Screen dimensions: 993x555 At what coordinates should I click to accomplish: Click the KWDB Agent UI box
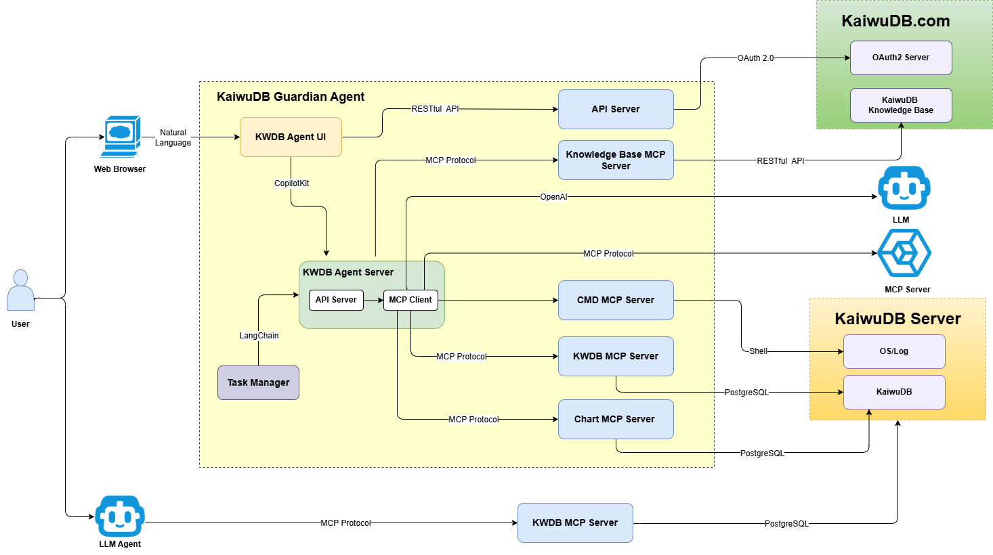tap(291, 137)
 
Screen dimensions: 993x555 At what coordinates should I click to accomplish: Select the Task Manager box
tap(259, 382)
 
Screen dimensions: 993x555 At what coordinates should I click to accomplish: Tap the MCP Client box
tap(410, 300)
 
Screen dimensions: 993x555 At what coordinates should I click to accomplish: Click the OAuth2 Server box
tap(901, 58)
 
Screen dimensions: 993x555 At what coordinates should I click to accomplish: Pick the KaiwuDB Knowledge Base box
tap(901, 105)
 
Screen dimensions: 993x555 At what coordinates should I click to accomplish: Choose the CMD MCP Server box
tap(616, 300)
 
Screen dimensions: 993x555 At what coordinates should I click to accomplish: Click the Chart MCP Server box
tap(616, 419)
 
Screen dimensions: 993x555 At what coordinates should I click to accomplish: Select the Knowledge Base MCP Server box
tap(616, 160)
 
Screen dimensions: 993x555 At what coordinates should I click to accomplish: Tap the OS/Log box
tap(894, 351)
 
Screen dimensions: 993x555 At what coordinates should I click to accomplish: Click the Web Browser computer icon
tap(120, 137)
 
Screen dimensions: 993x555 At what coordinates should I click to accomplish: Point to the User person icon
tap(20, 290)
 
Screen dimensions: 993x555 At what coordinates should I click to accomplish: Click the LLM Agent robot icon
tap(120, 516)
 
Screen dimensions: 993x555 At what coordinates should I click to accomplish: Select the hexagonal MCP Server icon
tap(904, 253)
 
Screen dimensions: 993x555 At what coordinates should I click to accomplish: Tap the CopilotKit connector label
tap(291, 183)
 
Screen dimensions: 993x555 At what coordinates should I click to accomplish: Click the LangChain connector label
tap(259, 335)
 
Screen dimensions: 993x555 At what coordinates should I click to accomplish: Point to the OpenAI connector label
tap(553, 197)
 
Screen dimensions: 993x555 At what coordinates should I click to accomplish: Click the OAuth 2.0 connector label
tap(755, 58)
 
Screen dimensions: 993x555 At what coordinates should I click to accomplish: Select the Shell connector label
tap(758, 351)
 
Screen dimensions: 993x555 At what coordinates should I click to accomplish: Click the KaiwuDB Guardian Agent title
tap(291, 97)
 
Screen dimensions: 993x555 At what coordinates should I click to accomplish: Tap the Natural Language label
tap(173, 137)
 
